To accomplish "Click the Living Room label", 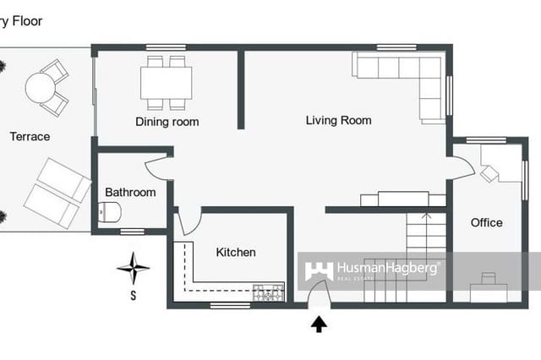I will [x=338, y=121].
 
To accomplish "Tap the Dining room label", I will [x=167, y=122].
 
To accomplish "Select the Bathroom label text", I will [x=130, y=193].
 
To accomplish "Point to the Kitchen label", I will [x=236, y=252].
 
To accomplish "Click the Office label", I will [x=486, y=222].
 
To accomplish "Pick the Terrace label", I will [x=30, y=136].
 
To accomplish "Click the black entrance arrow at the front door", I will [x=320, y=324].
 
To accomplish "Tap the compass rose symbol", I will [x=133, y=270].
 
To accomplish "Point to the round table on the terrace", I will [x=40, y=86].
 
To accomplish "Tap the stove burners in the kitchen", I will [x=270, y=293].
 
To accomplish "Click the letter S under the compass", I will [x=133, y=296].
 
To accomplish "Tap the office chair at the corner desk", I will [x=489, y=172].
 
